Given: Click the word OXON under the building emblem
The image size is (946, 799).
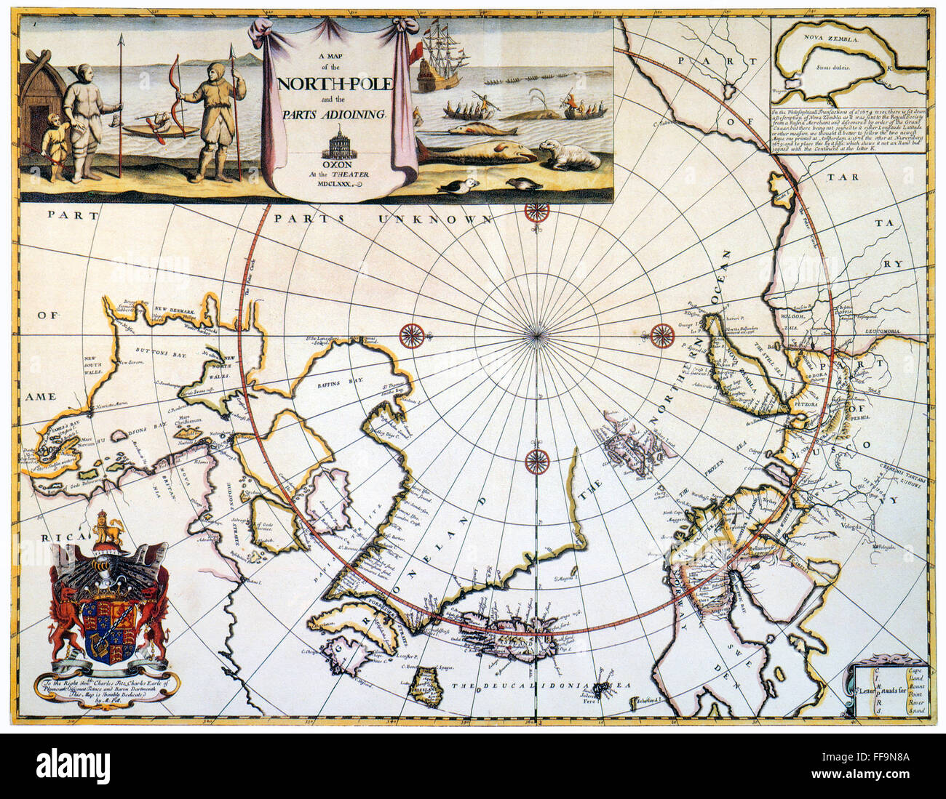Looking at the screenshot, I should pyautogui.click(x=335, y=164).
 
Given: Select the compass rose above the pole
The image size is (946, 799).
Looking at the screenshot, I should pyautogui.click(x=536, y=212).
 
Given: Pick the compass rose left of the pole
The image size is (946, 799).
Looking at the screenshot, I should pyautogui.click(x=412, y=335).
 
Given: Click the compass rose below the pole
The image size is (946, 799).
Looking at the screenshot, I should pyautogui.click(x=536, y=459).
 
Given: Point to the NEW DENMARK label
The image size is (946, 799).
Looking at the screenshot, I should pyautogui.click(x=175, y=310).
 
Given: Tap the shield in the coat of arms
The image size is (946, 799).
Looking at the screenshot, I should pyautogui.click(x=109, y=627).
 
